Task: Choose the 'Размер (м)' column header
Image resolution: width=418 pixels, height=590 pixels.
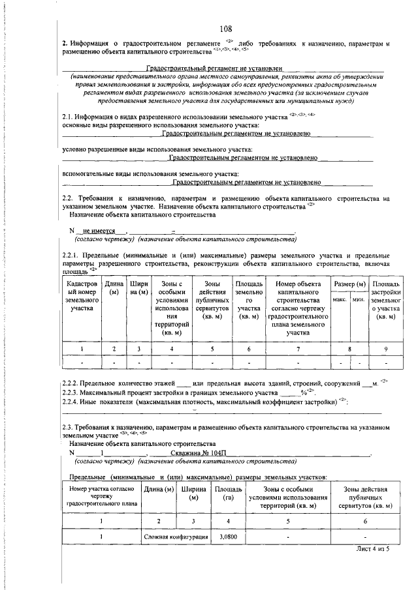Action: pyautogui.click(x=349, y=285)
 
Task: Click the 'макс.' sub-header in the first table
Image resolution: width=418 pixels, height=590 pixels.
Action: pyautogui.click(x=340, y=299)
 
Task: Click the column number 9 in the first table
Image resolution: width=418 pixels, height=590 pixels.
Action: pyautogui.click(x=385, y=349)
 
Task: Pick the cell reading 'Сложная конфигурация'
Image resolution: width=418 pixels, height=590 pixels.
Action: pyautogui.click(x=176, y=536)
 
